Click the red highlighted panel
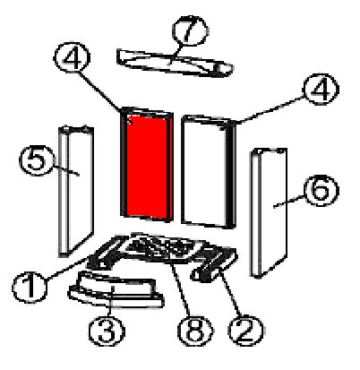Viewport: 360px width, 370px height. pyautogui.click(x=147, y=165)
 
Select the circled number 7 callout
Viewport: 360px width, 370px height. pyautogui.click(x=190, y=30)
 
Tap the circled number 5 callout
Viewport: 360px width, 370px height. pyautogui.click(x=37, y=159)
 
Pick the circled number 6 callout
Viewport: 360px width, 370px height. pyautogui.click(x=321, y=191)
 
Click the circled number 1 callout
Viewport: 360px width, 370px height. pyautogui.click(x=30, y=288)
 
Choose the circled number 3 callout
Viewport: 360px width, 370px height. pyautogui.click(x=107, y=331)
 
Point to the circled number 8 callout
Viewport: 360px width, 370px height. pyautogui.click(x=195, y=331)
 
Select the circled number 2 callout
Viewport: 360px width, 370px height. pyautogui.click(x=245, y=331)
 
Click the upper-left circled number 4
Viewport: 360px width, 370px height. pyautogui.click(x=72, y=57)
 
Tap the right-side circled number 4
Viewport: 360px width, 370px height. pyautogui.click(x=321, y=89)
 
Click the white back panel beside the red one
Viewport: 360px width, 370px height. pyautogui.click(x=209, y=171)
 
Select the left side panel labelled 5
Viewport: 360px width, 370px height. pyautogui.click(x=76, y=191)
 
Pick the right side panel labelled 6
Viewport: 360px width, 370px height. pyautogui.click(x=269, y=212)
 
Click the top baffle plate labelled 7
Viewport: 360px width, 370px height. pyautogui.click(x=174, y=63)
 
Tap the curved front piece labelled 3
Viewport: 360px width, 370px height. pyautogui.click(x=116, y=289)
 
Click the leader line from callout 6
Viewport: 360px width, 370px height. pyautogui.click(x=288, y=201)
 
